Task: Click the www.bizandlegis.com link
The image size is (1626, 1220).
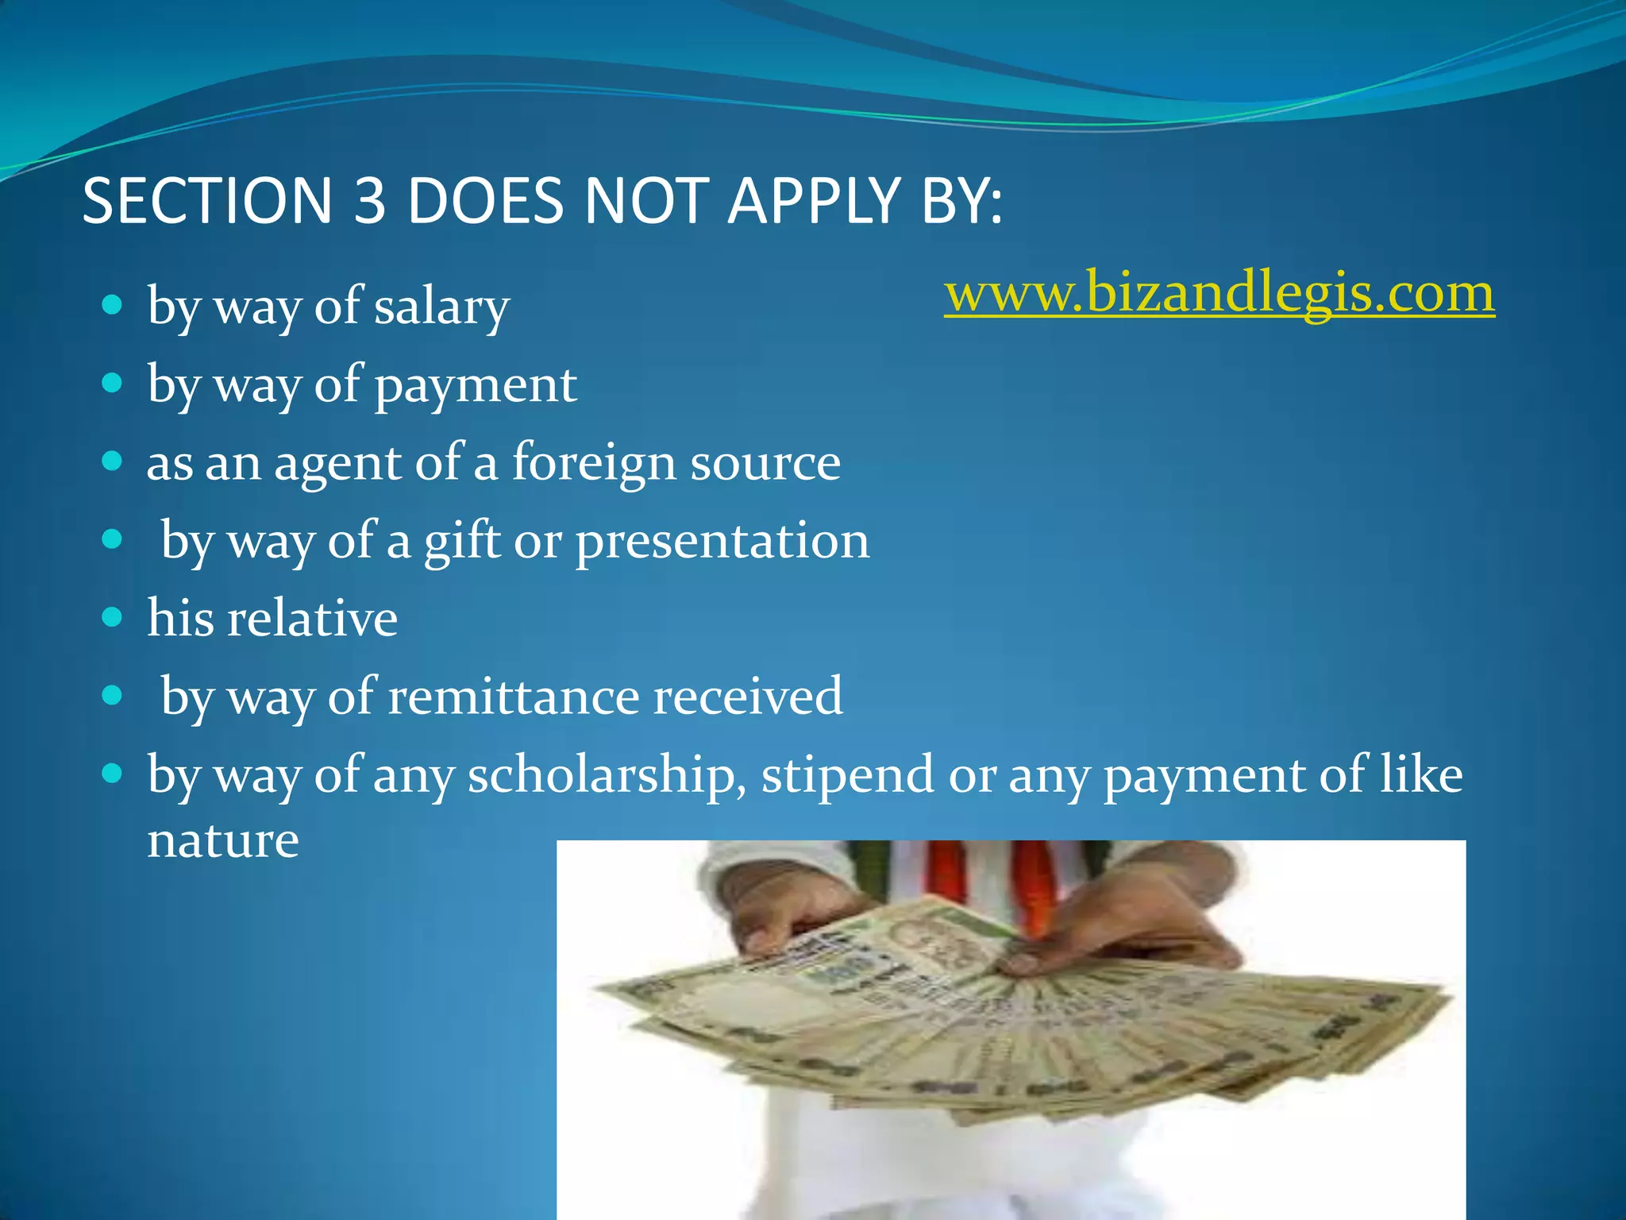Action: click(1219, 293)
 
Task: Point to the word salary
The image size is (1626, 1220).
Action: click(441, 307)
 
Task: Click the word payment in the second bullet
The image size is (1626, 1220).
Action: click(475, 386)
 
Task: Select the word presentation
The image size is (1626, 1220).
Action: click(722, 542)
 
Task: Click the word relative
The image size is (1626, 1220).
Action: click(312, 618)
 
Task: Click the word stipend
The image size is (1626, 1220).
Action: click(847, 774)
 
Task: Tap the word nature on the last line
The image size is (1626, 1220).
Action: click(223, 840)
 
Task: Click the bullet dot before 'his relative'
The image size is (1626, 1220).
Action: click(113, 617)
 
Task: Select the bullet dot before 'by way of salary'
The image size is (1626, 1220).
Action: click(113, 305)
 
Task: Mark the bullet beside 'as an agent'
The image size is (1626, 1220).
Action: click(113, 461)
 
